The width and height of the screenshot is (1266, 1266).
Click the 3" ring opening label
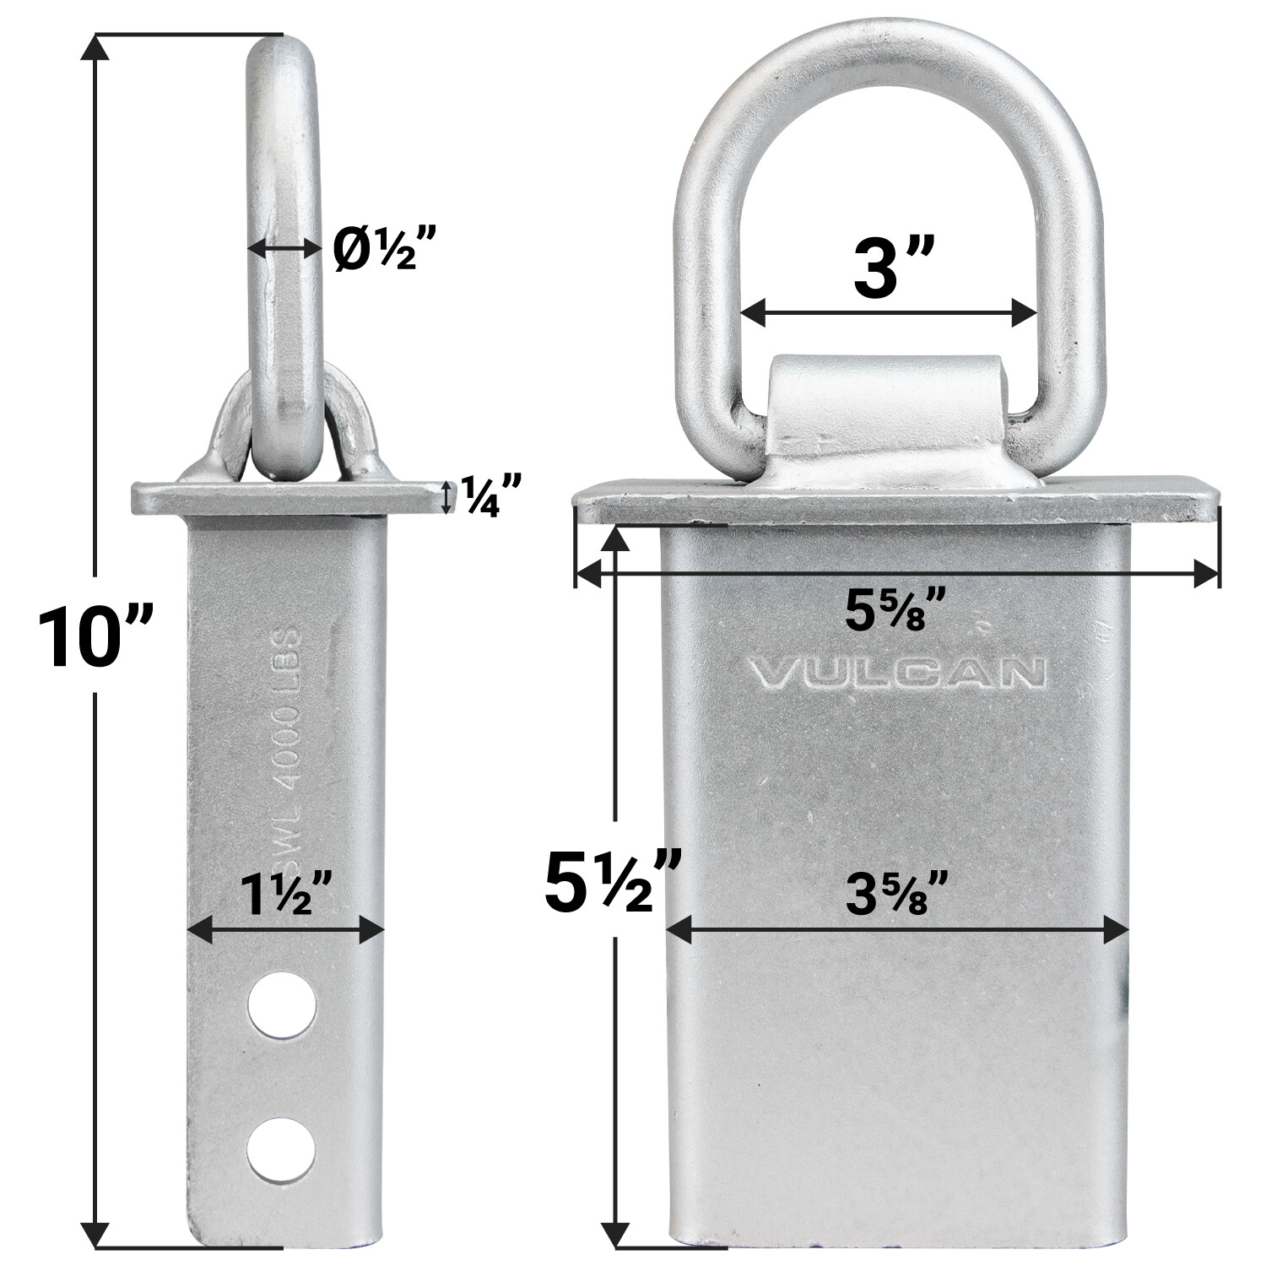883,268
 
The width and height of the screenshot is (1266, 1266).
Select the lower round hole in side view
281,1148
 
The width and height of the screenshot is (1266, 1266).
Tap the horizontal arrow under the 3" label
888,313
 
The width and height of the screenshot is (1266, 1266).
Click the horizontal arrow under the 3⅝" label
897,932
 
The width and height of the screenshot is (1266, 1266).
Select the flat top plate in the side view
288,498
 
